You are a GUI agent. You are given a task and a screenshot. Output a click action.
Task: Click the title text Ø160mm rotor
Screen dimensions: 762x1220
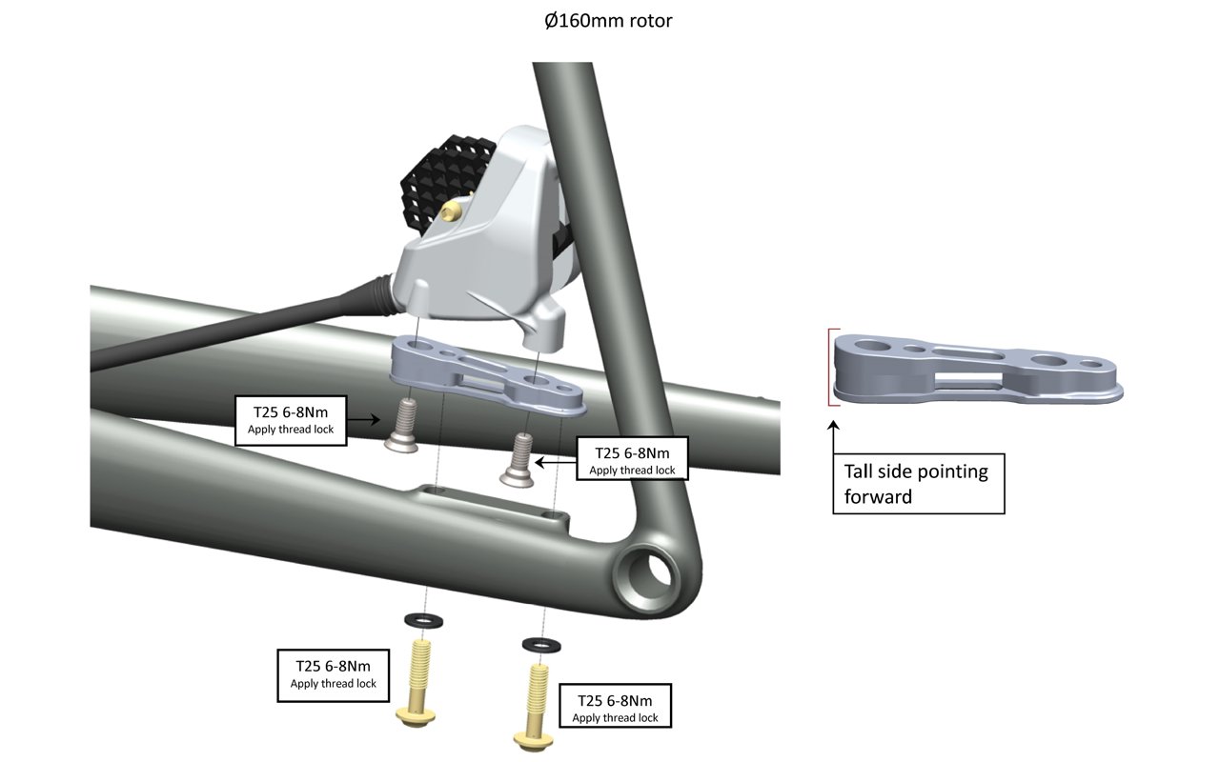coord(602,20)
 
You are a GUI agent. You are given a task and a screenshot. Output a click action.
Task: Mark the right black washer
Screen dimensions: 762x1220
coord(540,646)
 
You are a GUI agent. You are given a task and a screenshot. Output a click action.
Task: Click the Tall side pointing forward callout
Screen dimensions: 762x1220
coord(918,483)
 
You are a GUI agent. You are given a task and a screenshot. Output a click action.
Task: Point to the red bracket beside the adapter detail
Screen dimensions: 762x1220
coord(830,368)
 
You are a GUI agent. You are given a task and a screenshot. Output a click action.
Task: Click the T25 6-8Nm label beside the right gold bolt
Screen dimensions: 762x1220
coord(615,709)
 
